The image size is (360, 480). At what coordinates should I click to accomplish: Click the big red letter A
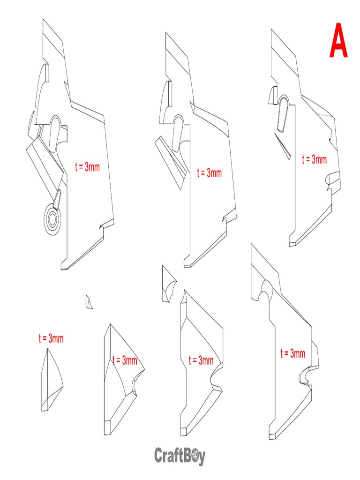(338, 42)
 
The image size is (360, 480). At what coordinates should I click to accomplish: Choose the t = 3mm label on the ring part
(87, 166)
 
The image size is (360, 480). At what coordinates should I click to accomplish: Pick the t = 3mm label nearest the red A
(314, 159)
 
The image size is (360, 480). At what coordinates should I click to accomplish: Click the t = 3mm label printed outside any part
(51, 338)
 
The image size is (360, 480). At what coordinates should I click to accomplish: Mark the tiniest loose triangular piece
(89, 302)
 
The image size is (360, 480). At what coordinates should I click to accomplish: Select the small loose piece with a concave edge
(168, 285)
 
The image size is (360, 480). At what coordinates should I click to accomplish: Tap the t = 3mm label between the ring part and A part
(209, 173)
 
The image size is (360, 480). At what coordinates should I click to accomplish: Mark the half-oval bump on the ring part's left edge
(44, 74)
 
